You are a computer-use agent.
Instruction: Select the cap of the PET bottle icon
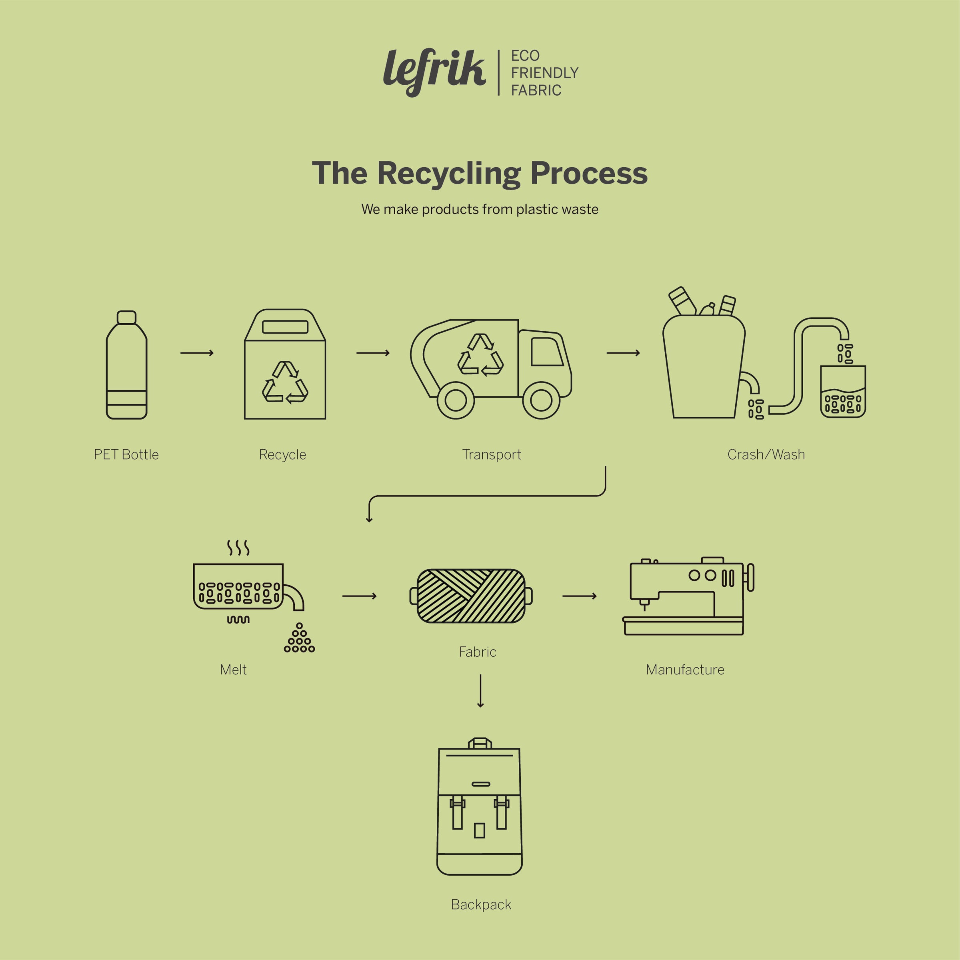tap(127, 317)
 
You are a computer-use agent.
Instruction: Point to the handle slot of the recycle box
tap(285, 327)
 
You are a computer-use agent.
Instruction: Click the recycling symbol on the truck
tap(480, 355)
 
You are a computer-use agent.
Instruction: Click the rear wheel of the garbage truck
tap(456, 400)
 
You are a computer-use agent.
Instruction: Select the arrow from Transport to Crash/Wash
tap(623, 353)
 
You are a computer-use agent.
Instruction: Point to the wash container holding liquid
tap(843, 392)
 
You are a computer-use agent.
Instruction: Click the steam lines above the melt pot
tap(238, 548)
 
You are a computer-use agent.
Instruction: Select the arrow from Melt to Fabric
tap(359, 596)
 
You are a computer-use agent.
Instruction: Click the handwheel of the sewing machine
tap(750, 577)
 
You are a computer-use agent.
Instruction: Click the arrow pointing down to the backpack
tap(480, 691)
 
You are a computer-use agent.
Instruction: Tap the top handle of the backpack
tap(480, 743)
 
